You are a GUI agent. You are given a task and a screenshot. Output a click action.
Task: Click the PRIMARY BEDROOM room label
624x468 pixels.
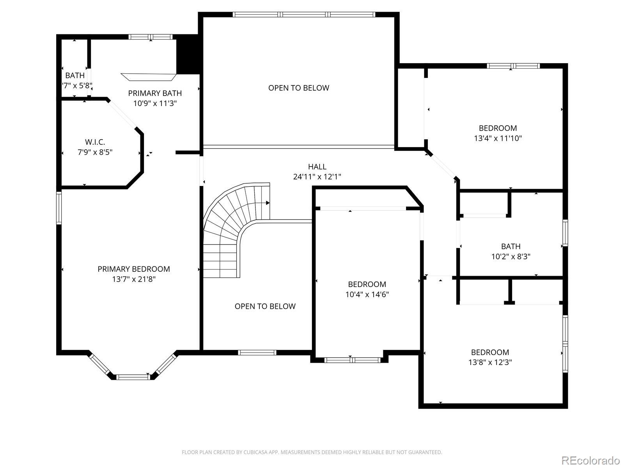click(x=134, y=269)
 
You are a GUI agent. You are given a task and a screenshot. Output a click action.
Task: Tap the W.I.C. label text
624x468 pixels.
click(x=95, y=142)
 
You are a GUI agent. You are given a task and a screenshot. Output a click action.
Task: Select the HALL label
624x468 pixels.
click(x=317, y=167)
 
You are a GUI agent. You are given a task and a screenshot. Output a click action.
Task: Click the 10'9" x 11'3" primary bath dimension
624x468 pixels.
click(x=155, y=103)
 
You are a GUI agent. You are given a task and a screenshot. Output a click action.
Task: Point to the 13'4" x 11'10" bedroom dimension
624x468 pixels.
click(x=498, y=138)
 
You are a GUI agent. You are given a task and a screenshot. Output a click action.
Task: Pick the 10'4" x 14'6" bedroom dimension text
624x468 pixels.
click(x=367, y=294)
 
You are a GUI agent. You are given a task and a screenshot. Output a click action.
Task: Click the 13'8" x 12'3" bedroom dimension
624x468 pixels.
click(x=490, y=362)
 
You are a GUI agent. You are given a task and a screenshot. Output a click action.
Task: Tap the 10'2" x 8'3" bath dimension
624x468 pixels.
click(x=511, y=257)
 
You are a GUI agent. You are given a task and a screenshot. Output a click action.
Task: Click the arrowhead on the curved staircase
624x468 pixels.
click(x=268, y=203)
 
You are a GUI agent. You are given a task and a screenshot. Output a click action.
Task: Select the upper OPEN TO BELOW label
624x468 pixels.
click(x=298, y=88)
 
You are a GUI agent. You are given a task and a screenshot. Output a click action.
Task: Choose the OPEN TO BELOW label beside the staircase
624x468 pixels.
click(x=265, y=306)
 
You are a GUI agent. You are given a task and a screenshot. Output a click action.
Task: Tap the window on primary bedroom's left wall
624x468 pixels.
click(x=59, y=208)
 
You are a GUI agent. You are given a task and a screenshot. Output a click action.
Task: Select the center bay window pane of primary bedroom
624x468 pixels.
click(x=133, y=377)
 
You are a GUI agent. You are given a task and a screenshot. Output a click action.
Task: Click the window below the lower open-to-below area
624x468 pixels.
click(x=257, y=353)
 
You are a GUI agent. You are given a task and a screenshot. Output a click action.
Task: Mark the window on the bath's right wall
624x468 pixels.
click(x=565, y=233)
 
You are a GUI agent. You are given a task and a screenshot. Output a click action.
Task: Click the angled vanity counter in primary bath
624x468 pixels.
click(x=149, y=77)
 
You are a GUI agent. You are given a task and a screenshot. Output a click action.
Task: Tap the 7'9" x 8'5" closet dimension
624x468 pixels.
click(x=95, y=152)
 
